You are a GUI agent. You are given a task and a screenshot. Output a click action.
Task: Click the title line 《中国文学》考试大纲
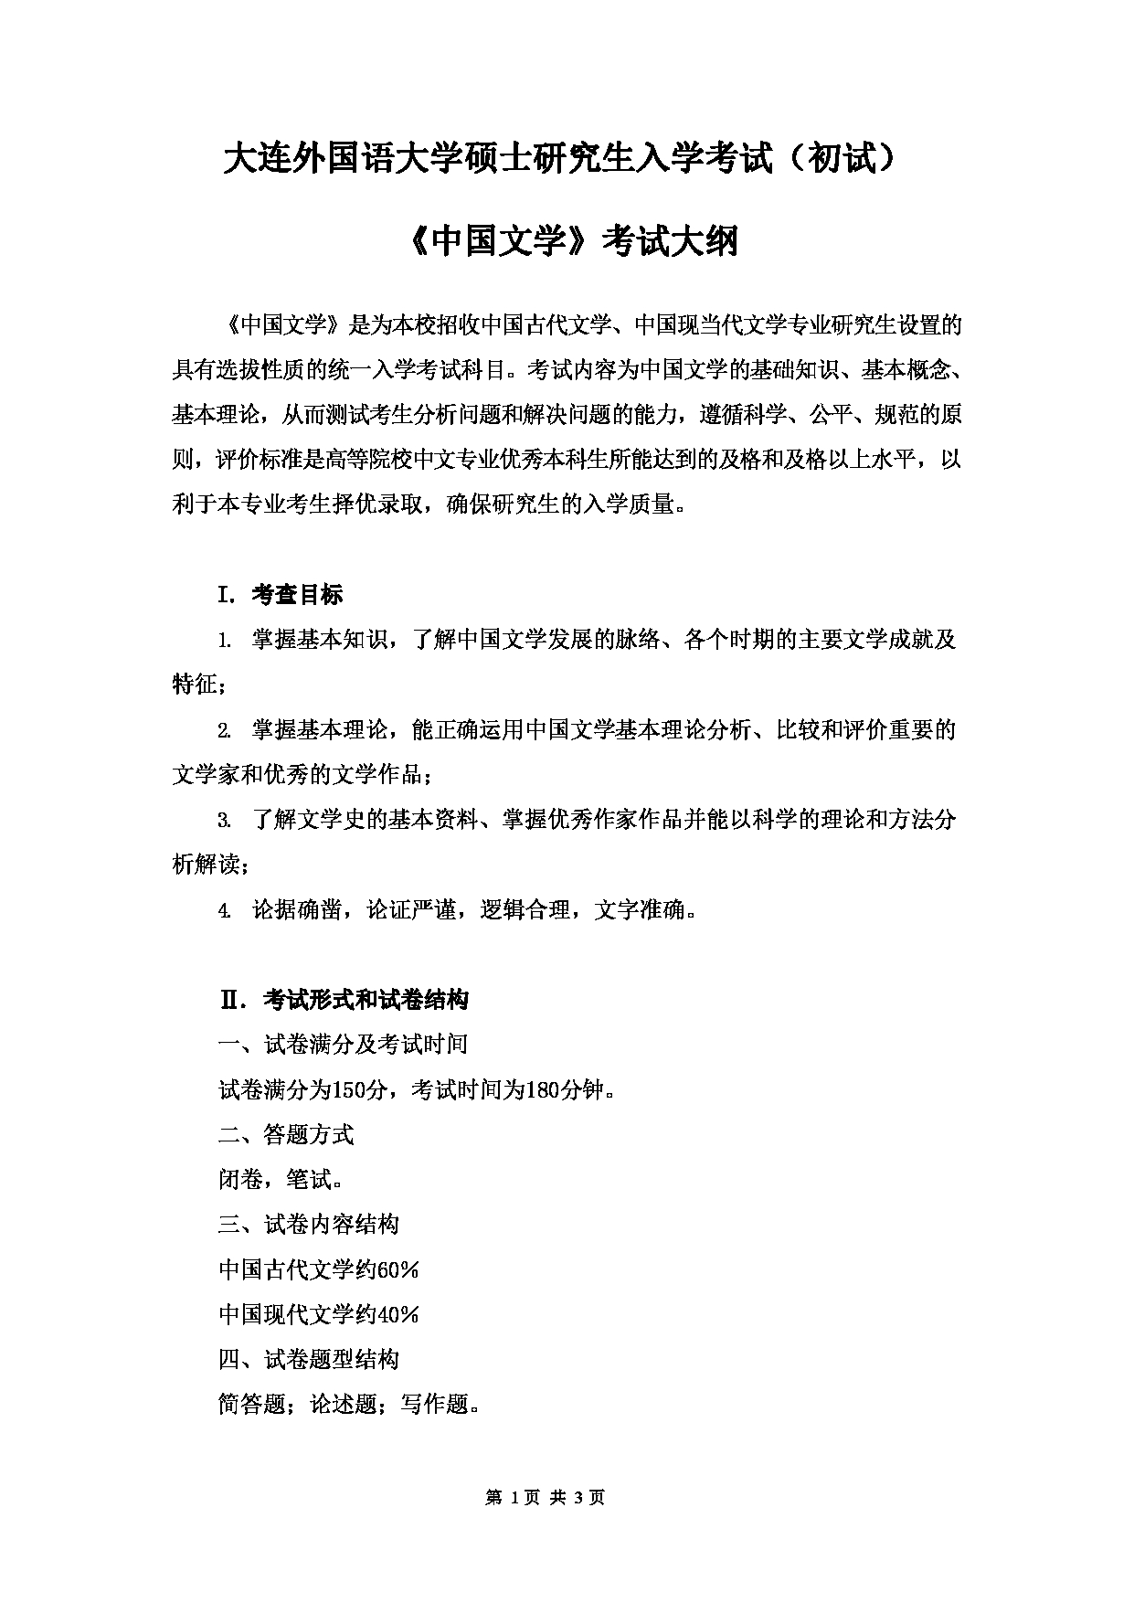pos(567,242)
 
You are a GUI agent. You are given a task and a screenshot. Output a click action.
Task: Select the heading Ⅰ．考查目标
pos(280,595)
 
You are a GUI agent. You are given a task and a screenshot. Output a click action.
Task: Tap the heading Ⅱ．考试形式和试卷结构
pos(344,1000)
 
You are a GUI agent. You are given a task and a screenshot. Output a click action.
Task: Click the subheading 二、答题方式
pos(286,1135)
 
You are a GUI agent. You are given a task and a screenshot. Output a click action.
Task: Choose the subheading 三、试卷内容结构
pos(309,1225)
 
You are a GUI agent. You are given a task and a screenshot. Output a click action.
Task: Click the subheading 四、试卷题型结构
pos(309,1360)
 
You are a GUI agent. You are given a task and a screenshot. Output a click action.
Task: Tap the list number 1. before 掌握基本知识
pos(224,641)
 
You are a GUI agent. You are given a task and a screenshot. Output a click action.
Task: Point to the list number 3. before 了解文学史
pos(224,821)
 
